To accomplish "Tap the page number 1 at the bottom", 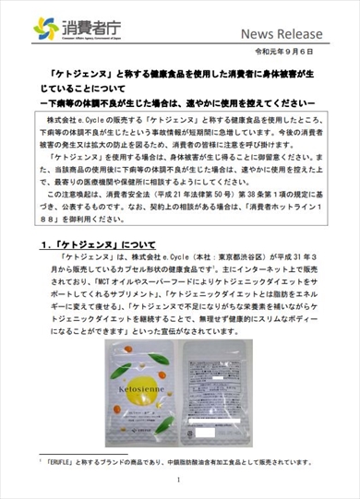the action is tap(181, 481).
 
